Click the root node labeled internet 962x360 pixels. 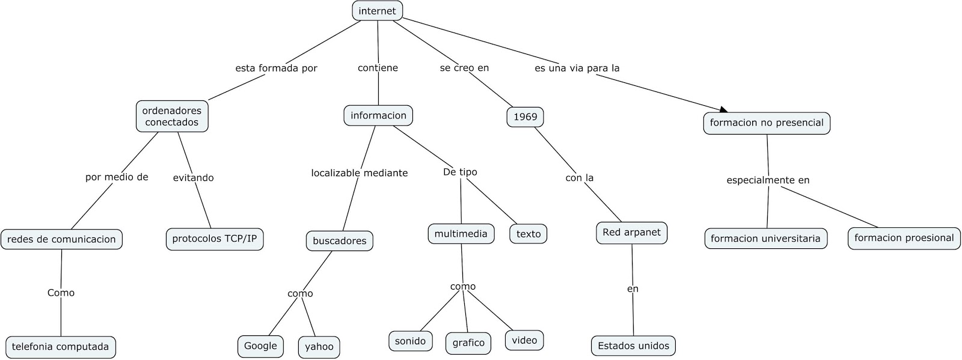pos(377,11)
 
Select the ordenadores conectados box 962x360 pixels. pos(172,116)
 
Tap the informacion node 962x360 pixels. pos(378,115)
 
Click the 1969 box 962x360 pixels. pos(525,117)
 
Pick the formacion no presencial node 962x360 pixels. pos(766,123)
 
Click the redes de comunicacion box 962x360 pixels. pos(61,239)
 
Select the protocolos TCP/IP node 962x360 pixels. pos(214,239)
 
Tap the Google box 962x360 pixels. pos(260,346)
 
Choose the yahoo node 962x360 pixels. pos(319,347)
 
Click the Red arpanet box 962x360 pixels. pos(631,233)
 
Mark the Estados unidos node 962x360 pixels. pos(633,346)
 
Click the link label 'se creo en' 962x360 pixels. pos(464,68)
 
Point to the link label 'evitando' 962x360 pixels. pos(193,178)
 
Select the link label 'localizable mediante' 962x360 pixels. pos(359,173)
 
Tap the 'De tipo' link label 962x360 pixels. pos(460,172)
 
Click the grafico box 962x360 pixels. pos(468,343)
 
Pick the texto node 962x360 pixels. pos(528,234)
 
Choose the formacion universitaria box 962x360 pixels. pos(765,239)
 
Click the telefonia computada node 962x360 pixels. pos(60,347)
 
